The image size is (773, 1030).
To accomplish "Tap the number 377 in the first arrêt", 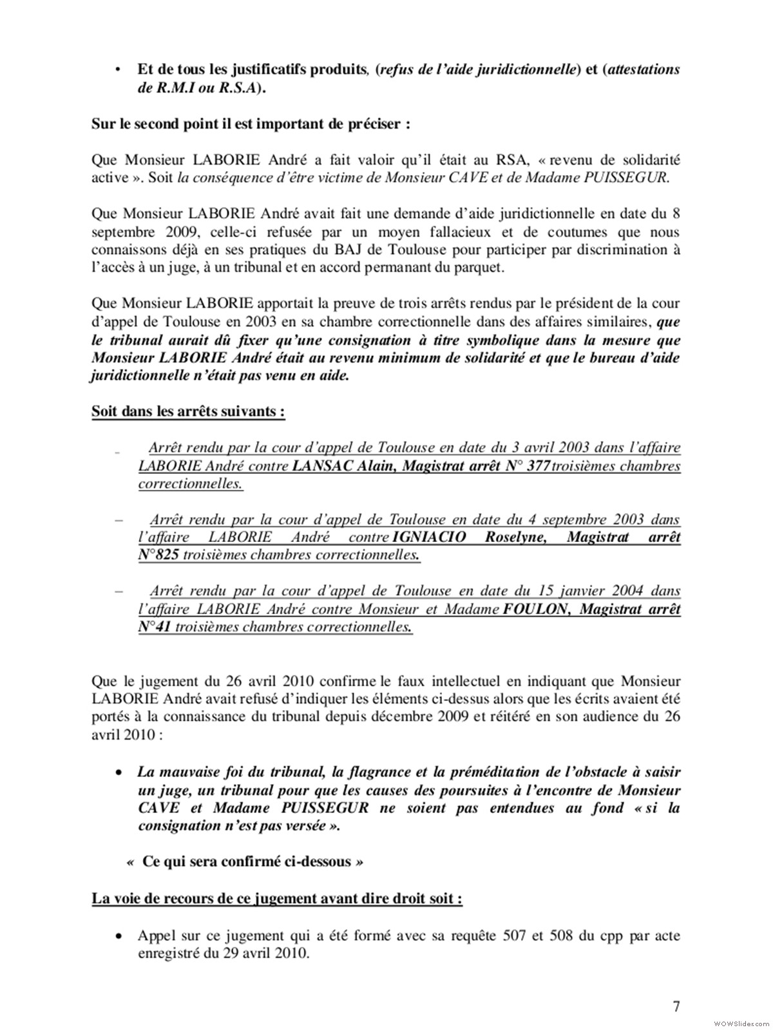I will (x=539, y=466).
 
